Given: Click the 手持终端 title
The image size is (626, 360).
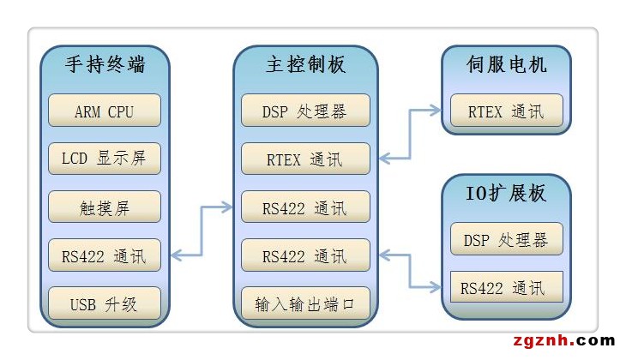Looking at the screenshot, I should pyautogui.click(x=105, y=64).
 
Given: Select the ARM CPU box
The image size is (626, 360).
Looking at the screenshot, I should pyautogui.click(x=105, y=111).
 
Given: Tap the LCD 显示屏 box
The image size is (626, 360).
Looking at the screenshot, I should pyautogui.click(x=105, y=159).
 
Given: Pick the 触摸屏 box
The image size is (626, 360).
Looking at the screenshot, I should pyautogui.click(x=105, y=207).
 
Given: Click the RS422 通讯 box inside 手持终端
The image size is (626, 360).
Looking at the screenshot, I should pyautogui.click(x=105, y=255).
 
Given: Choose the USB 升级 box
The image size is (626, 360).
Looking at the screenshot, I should pyautogui.click(x=105, y=303).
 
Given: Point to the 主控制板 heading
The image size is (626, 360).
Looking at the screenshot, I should pyautogui.click(x=305, y=64).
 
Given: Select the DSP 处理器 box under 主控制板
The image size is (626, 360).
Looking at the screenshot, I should pyautogui.click(x=305, y=111).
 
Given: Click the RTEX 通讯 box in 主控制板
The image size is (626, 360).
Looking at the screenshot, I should pyautogui.click(x=305, y=159).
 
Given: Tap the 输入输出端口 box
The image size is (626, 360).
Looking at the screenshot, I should pyautogui.click(x=305, y=303).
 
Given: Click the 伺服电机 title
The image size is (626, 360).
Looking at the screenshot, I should pyautogui.click(x=506, y=64).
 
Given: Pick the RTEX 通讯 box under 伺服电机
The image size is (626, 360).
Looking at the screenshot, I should pyautogui.click(x=506, y=111).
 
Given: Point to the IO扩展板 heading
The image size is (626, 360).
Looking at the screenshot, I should pyautogui.click(x=506, y=192).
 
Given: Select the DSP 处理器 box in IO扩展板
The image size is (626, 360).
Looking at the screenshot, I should pyautogui.click(x=506, y=239).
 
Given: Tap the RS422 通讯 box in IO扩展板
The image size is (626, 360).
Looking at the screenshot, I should pyautogui.click(x=506, y=286).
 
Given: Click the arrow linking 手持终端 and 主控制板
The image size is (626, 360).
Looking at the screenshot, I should pyautogui.click(x=202, y=231).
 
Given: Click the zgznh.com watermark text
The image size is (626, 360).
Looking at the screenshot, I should pyautogui.click(x=565, y=341).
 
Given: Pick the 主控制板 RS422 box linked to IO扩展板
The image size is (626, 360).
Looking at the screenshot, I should pyautogui.click(x=305, y=255).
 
